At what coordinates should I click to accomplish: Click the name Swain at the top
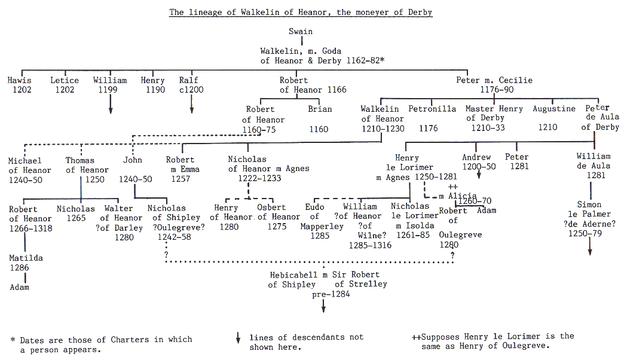coord(300,32)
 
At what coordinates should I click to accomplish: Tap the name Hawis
coord(19,80)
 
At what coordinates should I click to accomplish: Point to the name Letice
coord(65,80)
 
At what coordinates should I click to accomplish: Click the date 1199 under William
coord(110,90)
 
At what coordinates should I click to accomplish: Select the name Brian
coord(320,109)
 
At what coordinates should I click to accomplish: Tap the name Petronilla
coord(432,109)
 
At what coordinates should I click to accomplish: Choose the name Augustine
coord(554,109)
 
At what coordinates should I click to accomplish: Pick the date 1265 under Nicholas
coord(76,218)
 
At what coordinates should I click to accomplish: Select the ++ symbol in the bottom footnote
coord(415,337)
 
